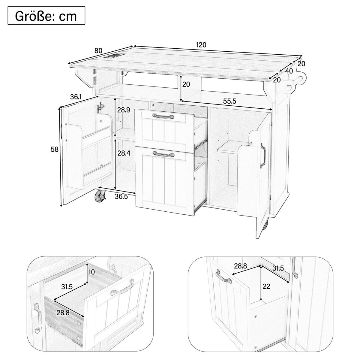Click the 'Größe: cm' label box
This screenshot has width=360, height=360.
click(x=46, y=16)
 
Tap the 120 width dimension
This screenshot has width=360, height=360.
click(x=201, y=45)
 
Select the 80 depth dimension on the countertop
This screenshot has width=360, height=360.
click(x=98, y=51)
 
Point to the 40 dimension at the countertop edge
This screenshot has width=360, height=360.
click(x=289, y=71)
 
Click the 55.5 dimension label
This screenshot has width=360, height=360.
click(x=229, y=101)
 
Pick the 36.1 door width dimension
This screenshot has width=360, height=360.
click(x=76, y=97)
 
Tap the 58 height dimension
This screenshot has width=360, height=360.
click(x=55, y=149)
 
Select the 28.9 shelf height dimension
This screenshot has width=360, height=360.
click(x=124, y=110)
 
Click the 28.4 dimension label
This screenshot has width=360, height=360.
click(x=124, y=153)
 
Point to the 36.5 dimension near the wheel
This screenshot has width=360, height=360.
click(x=121, y=197)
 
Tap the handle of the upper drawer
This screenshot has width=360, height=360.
click(x=163, y=116)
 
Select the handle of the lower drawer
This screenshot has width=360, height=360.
click(x=164, y=154)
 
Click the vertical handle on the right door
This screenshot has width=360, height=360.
click(x=263, y=155)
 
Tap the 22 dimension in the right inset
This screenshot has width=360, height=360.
click(x=266, y=286)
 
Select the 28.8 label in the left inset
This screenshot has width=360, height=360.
click(x=63, y=313)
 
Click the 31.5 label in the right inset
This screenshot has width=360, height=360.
click(x=278, y=268)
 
